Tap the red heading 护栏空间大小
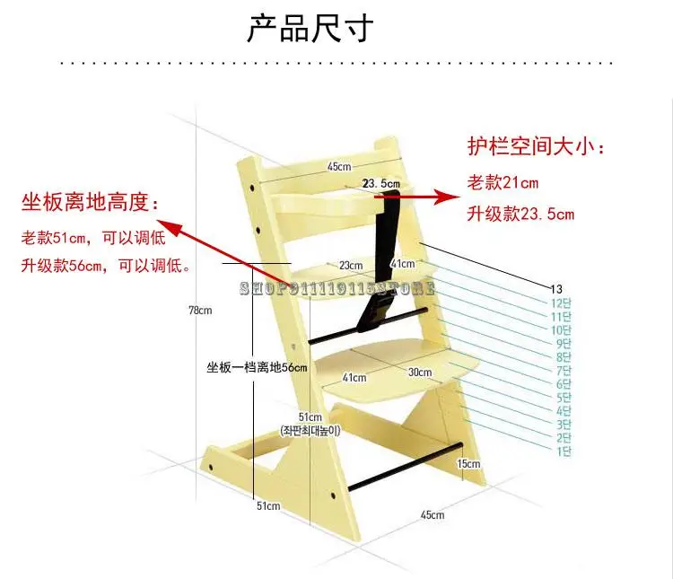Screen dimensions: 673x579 coord(537,146)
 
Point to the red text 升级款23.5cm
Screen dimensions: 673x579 coord(520,214)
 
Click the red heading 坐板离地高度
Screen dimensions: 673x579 coord(91,203)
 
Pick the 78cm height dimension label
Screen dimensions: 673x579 coord(199,311)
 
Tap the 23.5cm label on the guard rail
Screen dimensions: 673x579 coord(380,183)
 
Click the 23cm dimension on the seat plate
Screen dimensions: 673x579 coord(351,265)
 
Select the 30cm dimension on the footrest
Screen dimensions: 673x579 coord(419,373)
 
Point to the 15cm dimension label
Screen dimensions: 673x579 coord(468,463)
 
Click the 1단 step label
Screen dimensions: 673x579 coord(564,451)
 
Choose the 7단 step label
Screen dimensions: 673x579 coord(564,370)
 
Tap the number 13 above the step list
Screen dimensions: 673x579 coord(556,288)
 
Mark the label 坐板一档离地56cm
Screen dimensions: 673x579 coord(257,367)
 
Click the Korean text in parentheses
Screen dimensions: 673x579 coord(310,431)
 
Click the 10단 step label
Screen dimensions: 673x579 coord(562,329)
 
